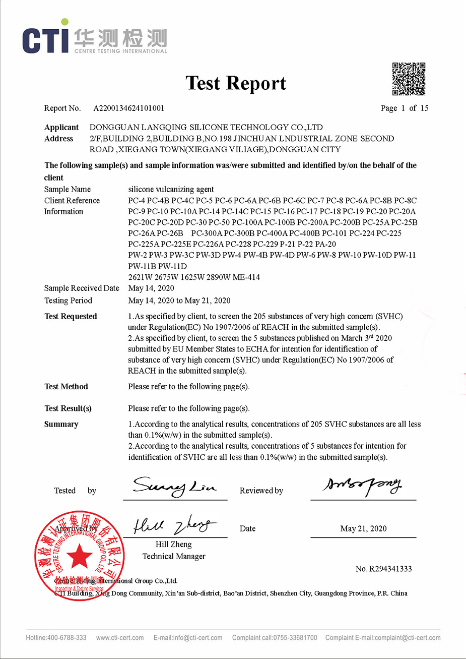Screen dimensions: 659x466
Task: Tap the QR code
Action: tap(409, 79)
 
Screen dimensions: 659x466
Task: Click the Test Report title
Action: tap(236, 83)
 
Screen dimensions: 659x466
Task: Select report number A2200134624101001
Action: tap(128, 108)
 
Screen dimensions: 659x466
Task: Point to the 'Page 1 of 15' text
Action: tap(405, 108)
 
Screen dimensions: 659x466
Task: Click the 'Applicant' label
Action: tap(61, 128)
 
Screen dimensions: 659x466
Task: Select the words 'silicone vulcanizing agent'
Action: tap(171, 190)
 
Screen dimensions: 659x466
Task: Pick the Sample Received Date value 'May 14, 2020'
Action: tap(151, 288)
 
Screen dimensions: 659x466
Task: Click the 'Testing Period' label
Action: tap(68, 301)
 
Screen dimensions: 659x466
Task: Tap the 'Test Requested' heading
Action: tap(71, 317)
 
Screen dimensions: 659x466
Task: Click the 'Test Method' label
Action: tap(66, 387)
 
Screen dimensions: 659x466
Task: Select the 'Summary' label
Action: tap(61, 425)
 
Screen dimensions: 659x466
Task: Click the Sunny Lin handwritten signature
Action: tap(174, 487)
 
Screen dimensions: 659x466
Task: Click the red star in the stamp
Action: tap(79, 557)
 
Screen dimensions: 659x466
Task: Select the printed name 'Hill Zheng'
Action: tap(173, 545)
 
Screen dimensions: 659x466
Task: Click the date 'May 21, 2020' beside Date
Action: tap(363, 528)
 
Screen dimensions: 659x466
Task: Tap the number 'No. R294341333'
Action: tap(383, 569)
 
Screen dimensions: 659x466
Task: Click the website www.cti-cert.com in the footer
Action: tap(120, 638)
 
